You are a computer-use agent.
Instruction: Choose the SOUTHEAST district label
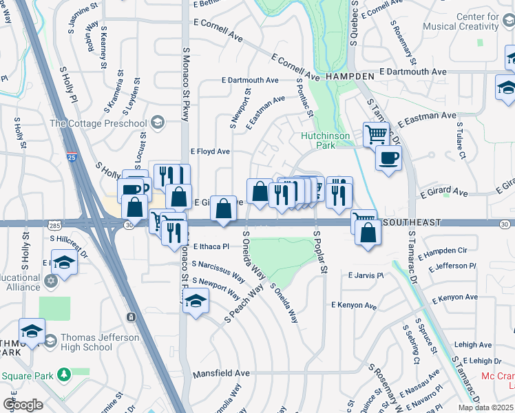pos(411,223)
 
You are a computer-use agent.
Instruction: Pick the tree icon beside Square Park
pos(63,374)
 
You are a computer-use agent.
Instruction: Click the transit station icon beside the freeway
pos(130,317)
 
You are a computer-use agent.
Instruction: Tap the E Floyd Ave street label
pos(210,151)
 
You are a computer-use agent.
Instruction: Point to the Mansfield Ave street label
pos(220,373)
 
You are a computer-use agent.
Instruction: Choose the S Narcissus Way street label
pos(218,270)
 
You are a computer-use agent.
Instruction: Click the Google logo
pos(23,404)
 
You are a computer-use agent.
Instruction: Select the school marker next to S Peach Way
pos(196,301)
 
